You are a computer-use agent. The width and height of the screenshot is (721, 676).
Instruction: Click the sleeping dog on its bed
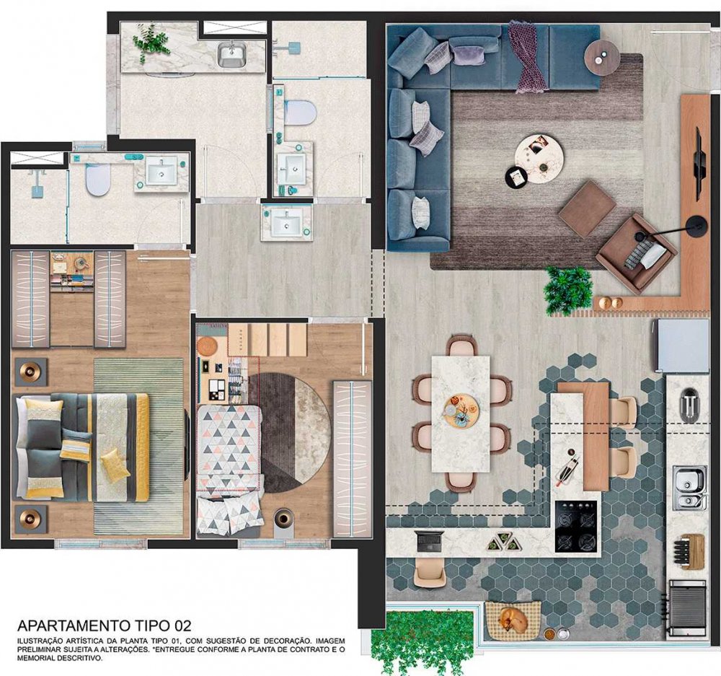[513, 619]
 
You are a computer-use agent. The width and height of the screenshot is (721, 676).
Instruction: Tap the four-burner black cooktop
[577, 527]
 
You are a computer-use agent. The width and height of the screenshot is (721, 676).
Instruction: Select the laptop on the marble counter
[429, 540]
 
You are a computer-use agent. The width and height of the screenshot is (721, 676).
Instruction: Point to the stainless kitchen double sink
[690, 488]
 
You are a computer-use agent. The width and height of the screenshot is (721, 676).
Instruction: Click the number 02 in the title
[182, 625]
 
